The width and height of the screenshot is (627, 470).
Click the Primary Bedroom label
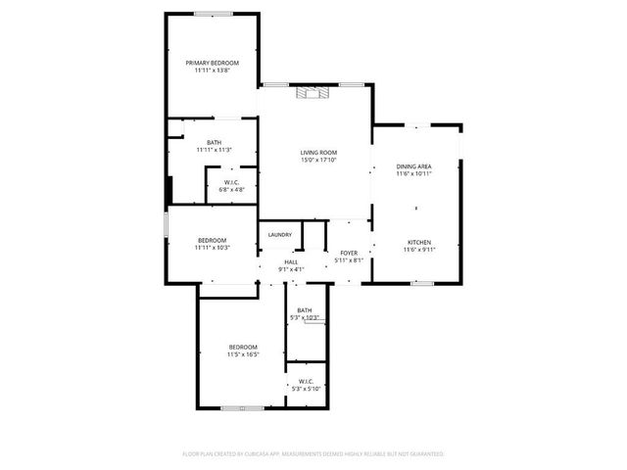tap(213, 63)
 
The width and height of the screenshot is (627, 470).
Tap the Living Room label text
tap(318, 152)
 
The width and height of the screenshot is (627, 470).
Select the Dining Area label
tap(413, 166)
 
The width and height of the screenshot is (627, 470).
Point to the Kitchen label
tap(419, 242)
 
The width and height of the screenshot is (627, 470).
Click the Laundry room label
tap(280, 235)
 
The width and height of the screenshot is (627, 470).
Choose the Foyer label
tap(348, 253)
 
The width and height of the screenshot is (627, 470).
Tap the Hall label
tap(291, 262)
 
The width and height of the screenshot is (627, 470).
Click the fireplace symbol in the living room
tap(315, 93)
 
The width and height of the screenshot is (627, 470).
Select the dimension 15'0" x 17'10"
tap(318, 161)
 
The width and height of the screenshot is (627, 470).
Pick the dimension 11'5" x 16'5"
tap(243, 354)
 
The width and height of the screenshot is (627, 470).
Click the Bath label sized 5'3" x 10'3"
tap(305, 311)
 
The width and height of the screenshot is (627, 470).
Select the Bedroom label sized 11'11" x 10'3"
tap(213, 240)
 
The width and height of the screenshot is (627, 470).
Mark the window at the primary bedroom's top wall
tap(213, 13)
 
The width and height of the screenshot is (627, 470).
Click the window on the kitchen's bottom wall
tap(422, 283)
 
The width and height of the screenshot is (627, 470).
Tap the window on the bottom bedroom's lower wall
tap(235, 407)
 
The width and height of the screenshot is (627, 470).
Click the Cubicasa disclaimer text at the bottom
tap(313, 454)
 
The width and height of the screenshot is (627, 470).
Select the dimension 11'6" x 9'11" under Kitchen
tap(419, 250)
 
